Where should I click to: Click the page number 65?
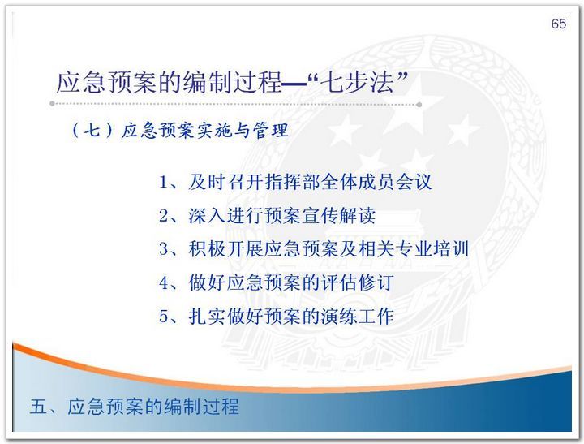click(558, 24)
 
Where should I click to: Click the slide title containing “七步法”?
click(232, 83)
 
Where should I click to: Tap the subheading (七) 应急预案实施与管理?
click(180, 131)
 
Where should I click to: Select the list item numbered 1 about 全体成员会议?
click(295, 183)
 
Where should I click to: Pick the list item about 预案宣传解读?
click(267, 216)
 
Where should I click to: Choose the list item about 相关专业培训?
click(314, 249)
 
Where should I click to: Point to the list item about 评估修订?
click(277, 282)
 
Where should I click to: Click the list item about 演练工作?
click(277, 316)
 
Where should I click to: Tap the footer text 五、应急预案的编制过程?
click(135, 407)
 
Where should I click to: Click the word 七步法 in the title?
click(359, 83)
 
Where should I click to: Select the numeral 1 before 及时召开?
click(163, 183)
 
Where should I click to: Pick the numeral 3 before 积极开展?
click(164, 249)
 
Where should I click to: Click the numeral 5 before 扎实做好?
click(164, 317)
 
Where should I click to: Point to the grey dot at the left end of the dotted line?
click(52, 104)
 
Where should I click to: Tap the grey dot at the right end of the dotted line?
click(419, 105)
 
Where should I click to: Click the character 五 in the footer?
click(39, 407)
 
